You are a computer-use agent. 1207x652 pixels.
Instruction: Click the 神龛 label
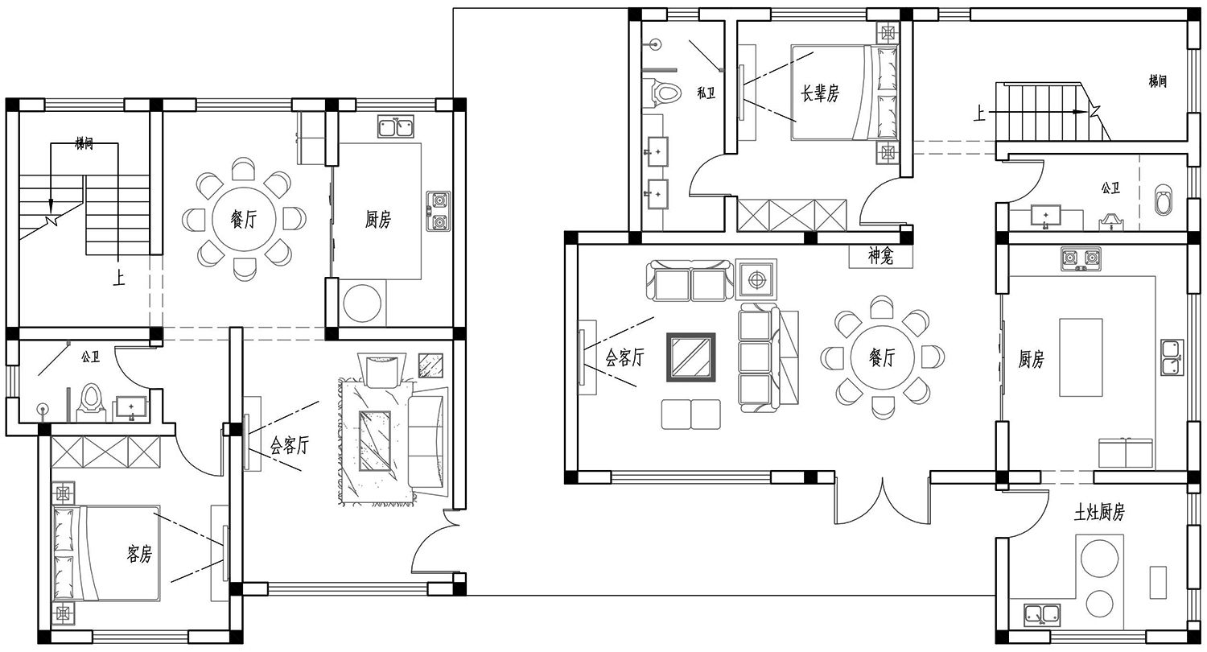click(x=880, y=256)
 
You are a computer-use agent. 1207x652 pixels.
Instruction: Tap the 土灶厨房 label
click(x=1099, y=513)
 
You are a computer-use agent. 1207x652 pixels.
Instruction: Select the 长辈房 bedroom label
click(x=820, y=93)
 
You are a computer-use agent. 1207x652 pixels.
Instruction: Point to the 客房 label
click(x=139, y=554)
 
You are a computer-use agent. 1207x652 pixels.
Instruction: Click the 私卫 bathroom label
click(x=706, y=93)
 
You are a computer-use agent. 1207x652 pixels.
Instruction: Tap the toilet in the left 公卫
click(x=90, y=402)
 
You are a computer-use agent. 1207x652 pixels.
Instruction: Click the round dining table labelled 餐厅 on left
click(x=244, y=218)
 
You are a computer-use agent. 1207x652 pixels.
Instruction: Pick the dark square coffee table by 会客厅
click(x=690, y=357)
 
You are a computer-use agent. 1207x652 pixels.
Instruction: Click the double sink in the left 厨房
click(x=396, y=126)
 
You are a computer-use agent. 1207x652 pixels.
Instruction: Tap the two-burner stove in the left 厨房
click(x=438, y=211)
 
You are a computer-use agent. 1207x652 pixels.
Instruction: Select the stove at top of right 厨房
click(x=1081, y=259)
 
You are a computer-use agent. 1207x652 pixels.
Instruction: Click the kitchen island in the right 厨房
click(x=1081, y=357)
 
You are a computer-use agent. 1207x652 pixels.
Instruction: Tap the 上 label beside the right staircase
click(x=979, y=113)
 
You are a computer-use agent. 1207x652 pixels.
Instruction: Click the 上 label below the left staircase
click(x=118, y=277)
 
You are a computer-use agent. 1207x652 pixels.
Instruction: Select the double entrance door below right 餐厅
click(x=882, y=501)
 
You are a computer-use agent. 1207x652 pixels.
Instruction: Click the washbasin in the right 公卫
click(x=1045, y=215)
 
